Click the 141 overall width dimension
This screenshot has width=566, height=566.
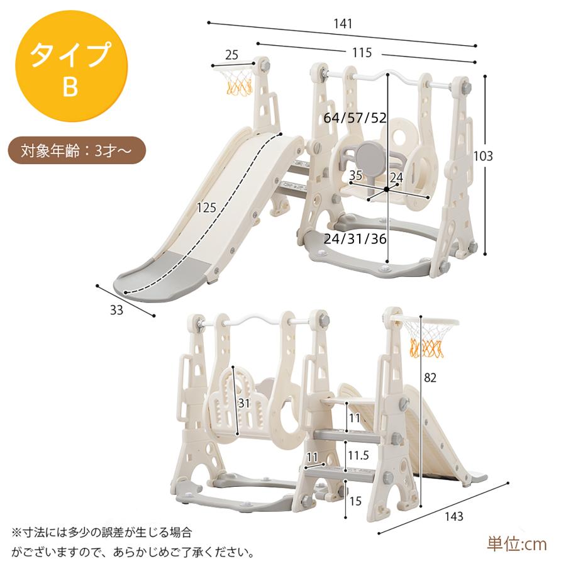(x=343, y=24)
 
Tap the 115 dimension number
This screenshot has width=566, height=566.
(x=362, y=53)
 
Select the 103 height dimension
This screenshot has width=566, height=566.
(x=482, y=156)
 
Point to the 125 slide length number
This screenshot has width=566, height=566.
(x=206, y=208)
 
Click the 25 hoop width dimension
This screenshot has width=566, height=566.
(x=231, y=55)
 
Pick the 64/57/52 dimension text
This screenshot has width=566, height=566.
(x=355, y=118)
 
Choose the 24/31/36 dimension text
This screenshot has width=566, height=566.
(x=355, y=239)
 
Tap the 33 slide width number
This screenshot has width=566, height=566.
(x=116, y=310)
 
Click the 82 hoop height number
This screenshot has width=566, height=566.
(x=430, y=377)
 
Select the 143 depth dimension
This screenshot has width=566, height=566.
(x=453, y=516)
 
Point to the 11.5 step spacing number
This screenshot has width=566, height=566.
(x=358, y=455)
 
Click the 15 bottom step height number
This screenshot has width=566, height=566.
(x=355, y=501)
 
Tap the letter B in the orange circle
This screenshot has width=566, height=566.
(x=70, y=87)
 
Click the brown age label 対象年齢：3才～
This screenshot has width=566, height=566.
(x=77, y=150)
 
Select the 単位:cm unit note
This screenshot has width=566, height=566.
(x=517, y=545)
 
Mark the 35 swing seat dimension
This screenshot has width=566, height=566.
(x=355, y=175)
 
